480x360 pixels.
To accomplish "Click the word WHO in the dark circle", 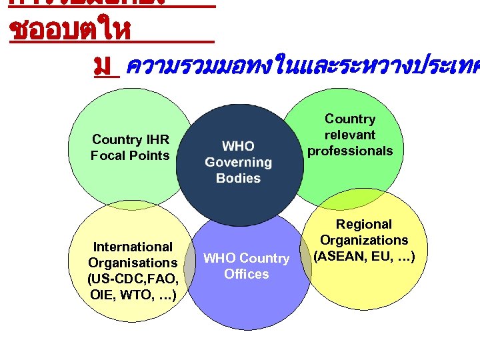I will click(238, 146).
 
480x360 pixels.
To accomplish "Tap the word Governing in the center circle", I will click(238, 162).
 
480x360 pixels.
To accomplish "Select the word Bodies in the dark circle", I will click(238, 178).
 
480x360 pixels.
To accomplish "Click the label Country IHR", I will click(131, 139).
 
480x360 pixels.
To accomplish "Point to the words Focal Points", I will click(131, 155).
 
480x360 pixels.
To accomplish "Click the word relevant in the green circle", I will click(350, 135).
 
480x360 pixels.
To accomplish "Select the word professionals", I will click(350, 151).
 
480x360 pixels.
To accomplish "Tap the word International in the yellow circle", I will click(133, 247).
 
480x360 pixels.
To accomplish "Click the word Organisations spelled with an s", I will click(133, 263).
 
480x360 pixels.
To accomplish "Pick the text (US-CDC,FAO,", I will click(133, 279).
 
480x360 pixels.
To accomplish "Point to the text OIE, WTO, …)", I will click(133, 295).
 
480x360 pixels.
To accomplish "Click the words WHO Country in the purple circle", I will click(246, 258).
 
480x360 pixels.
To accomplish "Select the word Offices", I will click(246, 274).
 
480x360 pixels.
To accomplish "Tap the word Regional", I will click(364, 224).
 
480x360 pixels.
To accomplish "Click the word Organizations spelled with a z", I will click(364, 240).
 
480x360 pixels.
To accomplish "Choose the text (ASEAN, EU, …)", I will click(364, 256).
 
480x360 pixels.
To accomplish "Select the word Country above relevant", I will click(350, 119).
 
